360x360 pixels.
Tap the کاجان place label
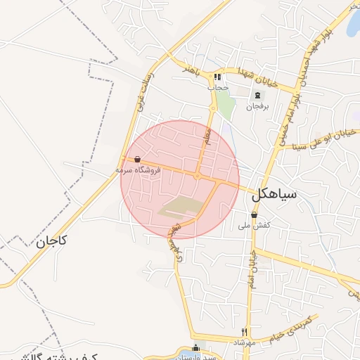[51, 241]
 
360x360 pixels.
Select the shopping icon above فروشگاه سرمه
[137, 160]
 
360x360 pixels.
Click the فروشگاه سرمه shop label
[139, 169]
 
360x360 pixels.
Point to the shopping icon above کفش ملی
[254, 215]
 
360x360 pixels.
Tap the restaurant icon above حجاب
[218, 77]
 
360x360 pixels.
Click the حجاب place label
[219, 87]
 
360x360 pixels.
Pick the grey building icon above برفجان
[257, 96]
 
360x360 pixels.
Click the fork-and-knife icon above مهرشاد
[245, 332]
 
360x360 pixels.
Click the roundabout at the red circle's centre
[198, 176]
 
